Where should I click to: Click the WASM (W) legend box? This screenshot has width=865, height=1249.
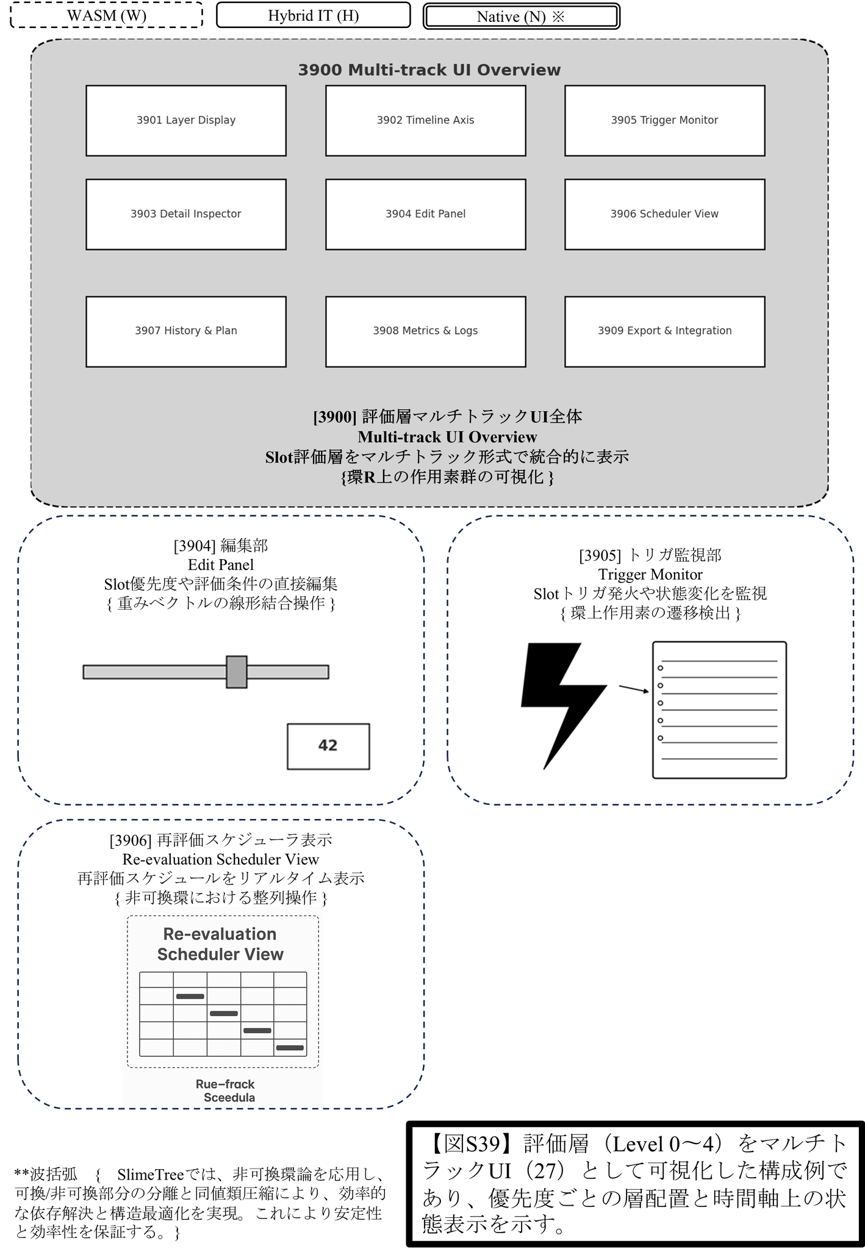[x=107, y=15]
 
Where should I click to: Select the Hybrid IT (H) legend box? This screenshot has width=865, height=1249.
[x=314, y=15]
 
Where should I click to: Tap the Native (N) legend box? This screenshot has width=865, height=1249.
[x=522, y=16]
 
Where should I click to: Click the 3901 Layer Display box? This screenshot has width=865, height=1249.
[x=186, y=121]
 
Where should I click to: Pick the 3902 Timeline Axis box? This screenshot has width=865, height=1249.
[x=425, y=121]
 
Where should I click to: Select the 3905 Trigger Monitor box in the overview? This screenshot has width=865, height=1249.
[x=664, y=121]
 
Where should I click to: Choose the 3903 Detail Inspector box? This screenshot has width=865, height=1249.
[x=186, y=214]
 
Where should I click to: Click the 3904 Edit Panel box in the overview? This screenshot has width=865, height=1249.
[x=425, y=214]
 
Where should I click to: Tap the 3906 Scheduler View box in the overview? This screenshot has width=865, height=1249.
[x=664, y=214]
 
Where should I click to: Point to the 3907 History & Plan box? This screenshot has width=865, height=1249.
[x=186, y=331]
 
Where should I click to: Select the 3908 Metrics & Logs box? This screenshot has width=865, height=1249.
[x=425, y=331]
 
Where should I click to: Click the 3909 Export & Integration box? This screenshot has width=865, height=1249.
[x=664, y=331]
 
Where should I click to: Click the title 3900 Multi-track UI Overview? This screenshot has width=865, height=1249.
[x=429, y=70]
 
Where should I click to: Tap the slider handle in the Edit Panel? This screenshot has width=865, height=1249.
[x=237, y=672]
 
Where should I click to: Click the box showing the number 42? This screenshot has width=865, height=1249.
[x=328, y=746]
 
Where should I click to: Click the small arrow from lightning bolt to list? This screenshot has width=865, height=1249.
[x=634, y=689]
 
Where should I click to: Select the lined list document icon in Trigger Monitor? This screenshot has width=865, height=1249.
[x=719, y=710]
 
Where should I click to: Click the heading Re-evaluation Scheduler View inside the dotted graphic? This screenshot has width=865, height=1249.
[x=221, y=944]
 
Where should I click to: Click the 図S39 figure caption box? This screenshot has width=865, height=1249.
[x=635, y=1184]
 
